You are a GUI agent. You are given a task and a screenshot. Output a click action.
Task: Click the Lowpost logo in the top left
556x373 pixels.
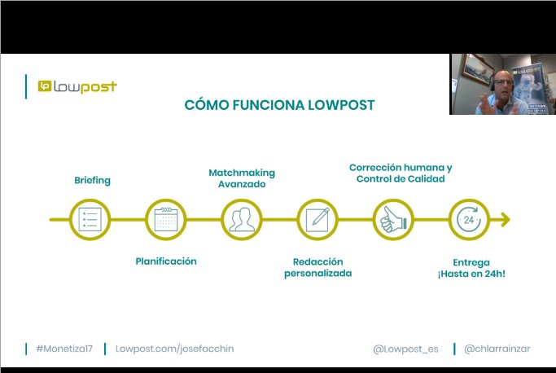point(77,86)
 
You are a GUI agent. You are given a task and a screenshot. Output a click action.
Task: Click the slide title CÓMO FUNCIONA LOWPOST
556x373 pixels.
point(280,104)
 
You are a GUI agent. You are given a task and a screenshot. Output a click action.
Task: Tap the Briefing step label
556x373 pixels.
point(92,180)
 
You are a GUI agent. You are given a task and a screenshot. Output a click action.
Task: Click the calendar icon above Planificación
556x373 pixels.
point(166,219)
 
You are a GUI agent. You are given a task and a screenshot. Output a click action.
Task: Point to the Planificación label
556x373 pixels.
point(166,261)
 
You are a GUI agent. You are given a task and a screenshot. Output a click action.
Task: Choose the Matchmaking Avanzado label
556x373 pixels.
point(242,178)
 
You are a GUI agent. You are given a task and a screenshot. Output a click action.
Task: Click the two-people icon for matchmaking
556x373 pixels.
point(242,219)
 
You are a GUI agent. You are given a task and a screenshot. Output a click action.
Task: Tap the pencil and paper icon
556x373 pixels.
point(317,219)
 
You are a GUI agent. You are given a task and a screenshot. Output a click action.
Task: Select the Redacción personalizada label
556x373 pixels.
point(317,267)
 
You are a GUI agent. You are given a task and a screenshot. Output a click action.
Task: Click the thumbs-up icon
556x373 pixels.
point(393,219)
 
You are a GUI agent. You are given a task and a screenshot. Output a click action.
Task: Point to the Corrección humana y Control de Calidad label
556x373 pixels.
point(401,173)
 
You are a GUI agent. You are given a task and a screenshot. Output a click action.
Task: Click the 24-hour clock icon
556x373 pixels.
point(470,219)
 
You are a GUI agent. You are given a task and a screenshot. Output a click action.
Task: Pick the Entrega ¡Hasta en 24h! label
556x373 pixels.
point(471,268)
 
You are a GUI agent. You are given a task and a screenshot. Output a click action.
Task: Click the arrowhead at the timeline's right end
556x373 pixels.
point(505,219)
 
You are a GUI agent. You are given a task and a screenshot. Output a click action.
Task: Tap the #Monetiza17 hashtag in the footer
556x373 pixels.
point(64,349)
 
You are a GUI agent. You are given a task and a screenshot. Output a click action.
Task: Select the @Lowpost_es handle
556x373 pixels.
point(405,349)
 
